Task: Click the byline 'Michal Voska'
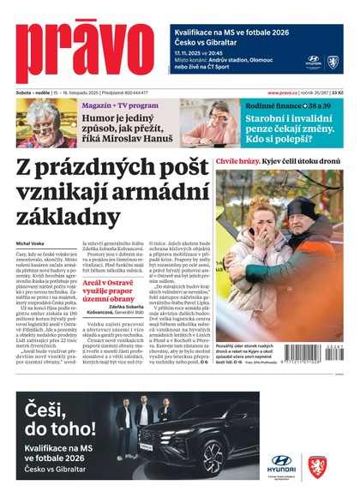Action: click(29, 243)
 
